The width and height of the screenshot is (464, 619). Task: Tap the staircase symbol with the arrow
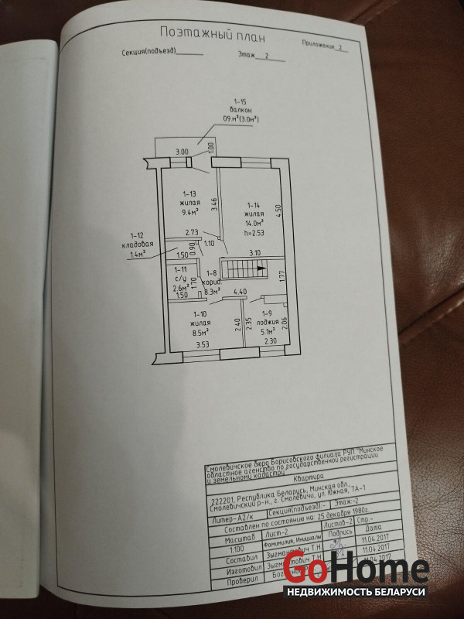(x=244, y=269)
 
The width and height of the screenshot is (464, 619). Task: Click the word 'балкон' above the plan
(x=240, y=111)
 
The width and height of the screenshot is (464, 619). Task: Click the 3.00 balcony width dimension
(x=182, y=152)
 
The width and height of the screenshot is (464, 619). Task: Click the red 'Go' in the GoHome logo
(x=304, y=571)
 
